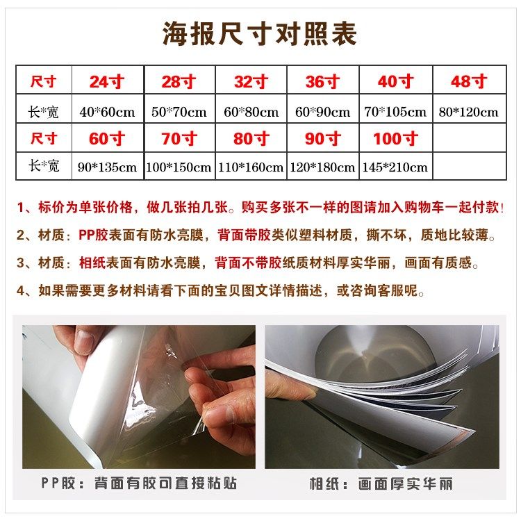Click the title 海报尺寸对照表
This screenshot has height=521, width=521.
(x=260, y=33)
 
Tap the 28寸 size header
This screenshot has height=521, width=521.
(x=179, y=82)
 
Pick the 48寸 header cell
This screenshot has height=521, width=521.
(x=468, y=82)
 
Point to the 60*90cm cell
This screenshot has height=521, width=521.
(x=322, y=111)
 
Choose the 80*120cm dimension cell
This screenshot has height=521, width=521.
(x=468, y=111)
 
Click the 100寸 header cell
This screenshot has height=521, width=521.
(x=396, y=139)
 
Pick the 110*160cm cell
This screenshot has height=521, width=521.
(x=251, y=167)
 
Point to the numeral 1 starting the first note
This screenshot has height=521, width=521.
(x=22, y=208)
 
